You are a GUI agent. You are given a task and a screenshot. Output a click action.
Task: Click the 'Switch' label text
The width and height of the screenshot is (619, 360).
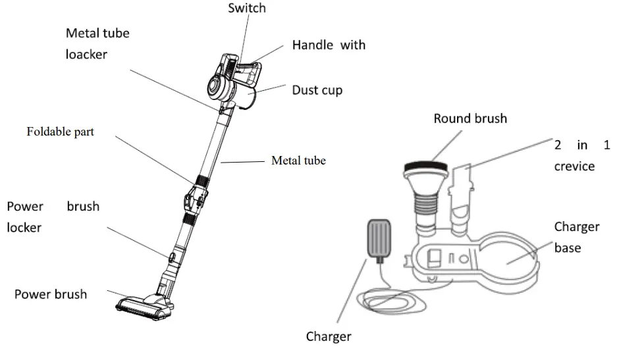point(248,9)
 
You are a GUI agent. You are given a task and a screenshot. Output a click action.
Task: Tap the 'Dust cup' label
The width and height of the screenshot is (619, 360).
point(317,90)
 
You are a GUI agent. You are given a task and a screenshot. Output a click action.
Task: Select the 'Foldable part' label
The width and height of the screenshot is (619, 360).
point(60,132)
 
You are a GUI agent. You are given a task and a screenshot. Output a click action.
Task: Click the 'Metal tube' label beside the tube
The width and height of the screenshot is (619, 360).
point(298,160)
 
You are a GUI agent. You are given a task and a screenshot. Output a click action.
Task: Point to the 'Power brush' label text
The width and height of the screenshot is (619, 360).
point(51,294)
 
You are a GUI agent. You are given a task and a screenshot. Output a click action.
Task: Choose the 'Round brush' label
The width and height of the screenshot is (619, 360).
point(470,118)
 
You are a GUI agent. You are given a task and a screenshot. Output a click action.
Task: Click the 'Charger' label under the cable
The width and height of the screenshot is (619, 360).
point(328,337)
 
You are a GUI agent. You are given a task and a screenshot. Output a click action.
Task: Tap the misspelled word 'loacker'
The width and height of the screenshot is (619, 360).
point(86,55)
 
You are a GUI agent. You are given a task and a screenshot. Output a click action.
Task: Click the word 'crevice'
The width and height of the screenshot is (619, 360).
point(574,167)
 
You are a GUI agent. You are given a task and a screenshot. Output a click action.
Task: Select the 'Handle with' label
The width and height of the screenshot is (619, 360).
point(329,45)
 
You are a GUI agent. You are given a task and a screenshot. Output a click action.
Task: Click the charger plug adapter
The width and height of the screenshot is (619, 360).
point(377,238)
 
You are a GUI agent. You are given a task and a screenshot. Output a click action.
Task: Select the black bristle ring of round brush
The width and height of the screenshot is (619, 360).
point(427,167)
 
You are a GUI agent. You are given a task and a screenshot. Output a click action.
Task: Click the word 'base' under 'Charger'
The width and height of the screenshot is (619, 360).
point(567,248)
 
